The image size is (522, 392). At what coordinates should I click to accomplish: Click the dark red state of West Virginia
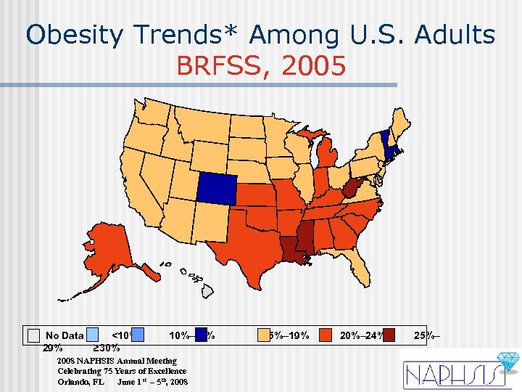pyautogui.click(x=352, y=189)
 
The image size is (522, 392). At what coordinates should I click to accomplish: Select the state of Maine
pyautogui.click(x=397, y=123)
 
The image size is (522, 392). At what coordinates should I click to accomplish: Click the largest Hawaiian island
pyautogui.click(x=207, y=291)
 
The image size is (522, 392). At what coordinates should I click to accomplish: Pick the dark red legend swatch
pyautogui.click(x=389, y=335)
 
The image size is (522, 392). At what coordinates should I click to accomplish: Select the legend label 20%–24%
pyautogui.click(x=360, y=335)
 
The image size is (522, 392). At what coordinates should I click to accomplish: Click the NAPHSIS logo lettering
pyautogui.click(x=450, y=375)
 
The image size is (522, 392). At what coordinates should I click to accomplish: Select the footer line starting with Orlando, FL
pyautogui.click(x=123, y=381)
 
